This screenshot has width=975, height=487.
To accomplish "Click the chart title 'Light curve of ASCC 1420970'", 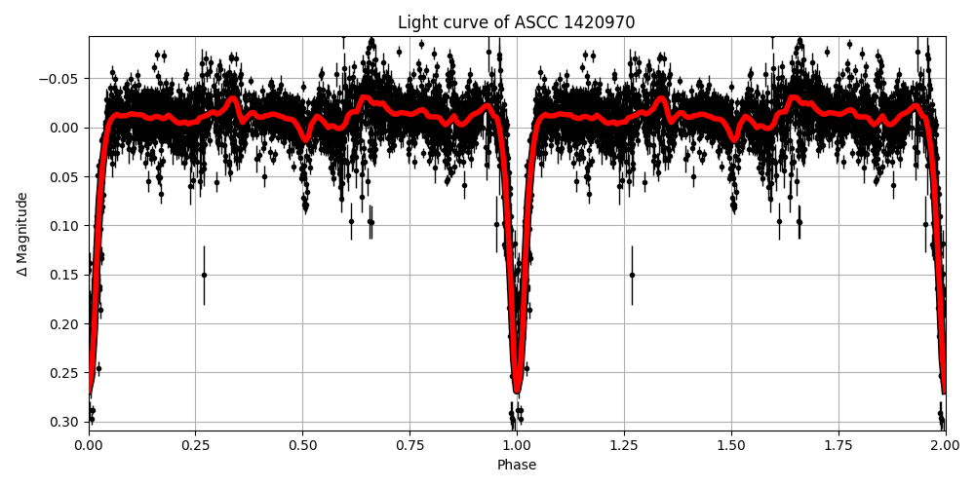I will [517, 22].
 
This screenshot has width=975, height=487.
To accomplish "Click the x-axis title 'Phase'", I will [517, 466].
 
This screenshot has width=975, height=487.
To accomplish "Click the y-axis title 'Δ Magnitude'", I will [22, 234].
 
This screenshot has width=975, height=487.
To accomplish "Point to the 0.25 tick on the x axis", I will [195, 445].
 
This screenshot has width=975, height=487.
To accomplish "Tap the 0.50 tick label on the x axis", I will [302, 445].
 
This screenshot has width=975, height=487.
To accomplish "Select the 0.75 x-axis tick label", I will [409, 445].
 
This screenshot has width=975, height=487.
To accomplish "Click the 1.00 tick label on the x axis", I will [517, 445].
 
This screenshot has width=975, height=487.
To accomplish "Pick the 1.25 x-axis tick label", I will [624, 445].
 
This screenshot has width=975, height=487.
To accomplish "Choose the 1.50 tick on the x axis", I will [731, 445].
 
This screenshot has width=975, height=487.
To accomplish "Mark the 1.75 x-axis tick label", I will [838, 445].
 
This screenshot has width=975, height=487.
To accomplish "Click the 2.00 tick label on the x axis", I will [945, 445].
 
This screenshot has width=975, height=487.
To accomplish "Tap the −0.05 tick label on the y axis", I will [61, 79].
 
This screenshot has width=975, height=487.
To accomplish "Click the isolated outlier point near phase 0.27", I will [204, 275].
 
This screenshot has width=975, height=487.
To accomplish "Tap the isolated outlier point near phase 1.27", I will [632, 275].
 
